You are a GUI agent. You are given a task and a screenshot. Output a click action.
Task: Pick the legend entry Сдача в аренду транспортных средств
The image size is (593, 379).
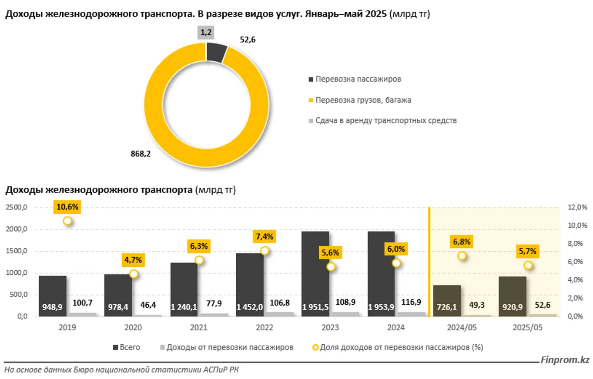(x=386, y=120)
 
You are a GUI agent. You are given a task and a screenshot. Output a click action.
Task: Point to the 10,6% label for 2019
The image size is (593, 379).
(x=67, y=207)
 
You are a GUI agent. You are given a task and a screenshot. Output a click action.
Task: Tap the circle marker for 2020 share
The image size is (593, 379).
(x=134, y=274)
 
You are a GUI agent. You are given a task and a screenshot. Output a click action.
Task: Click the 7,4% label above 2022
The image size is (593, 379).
(x=265, y=236)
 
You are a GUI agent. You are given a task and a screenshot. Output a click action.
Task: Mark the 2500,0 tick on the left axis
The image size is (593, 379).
(x=17, y=208)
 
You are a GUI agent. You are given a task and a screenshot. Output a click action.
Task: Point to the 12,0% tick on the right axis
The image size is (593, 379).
(x=577, y=208)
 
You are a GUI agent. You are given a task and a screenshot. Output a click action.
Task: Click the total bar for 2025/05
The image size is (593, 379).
(x=512, y=296)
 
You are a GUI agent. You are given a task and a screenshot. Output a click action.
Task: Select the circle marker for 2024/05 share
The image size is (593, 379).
(x=462, y=256)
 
